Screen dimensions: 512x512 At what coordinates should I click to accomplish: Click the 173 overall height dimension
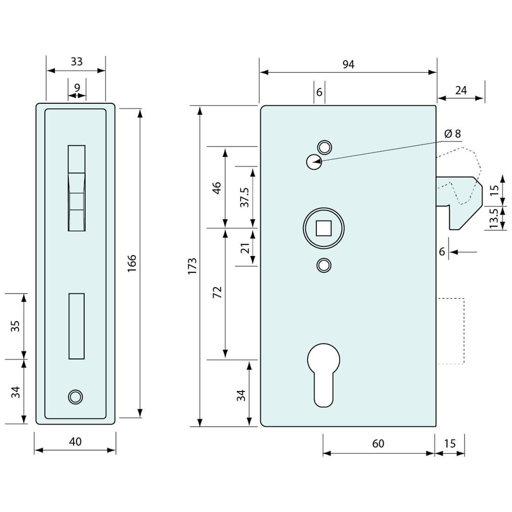tap(192, 266)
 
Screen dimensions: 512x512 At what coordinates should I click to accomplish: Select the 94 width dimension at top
tap(348, 65)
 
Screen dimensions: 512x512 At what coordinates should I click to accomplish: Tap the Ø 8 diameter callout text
tap(452, 134)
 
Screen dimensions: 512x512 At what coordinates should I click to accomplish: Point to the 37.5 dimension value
tap(244, 197)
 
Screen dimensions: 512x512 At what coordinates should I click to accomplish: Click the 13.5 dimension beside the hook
tap(494, 218)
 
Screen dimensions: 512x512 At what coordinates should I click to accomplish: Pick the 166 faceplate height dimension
tap(132, 263)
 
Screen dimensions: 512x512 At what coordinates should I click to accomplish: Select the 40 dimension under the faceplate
tap(75, 441)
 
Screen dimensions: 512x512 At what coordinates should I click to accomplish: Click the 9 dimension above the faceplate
tap(77, 88)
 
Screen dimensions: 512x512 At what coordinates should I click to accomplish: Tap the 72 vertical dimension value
tap(217, 292)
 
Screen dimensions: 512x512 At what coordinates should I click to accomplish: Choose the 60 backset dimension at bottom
tap(378, 444)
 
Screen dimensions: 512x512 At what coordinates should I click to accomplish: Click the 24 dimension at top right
tap(461, 90)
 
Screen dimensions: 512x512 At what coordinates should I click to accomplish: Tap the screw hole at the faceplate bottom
tap(75, 397)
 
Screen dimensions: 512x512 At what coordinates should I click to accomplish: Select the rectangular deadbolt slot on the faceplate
tap(76, 326)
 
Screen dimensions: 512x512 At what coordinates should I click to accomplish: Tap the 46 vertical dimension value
tap(217, 188)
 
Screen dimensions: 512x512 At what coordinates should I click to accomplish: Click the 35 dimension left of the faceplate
tap(16, 326)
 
